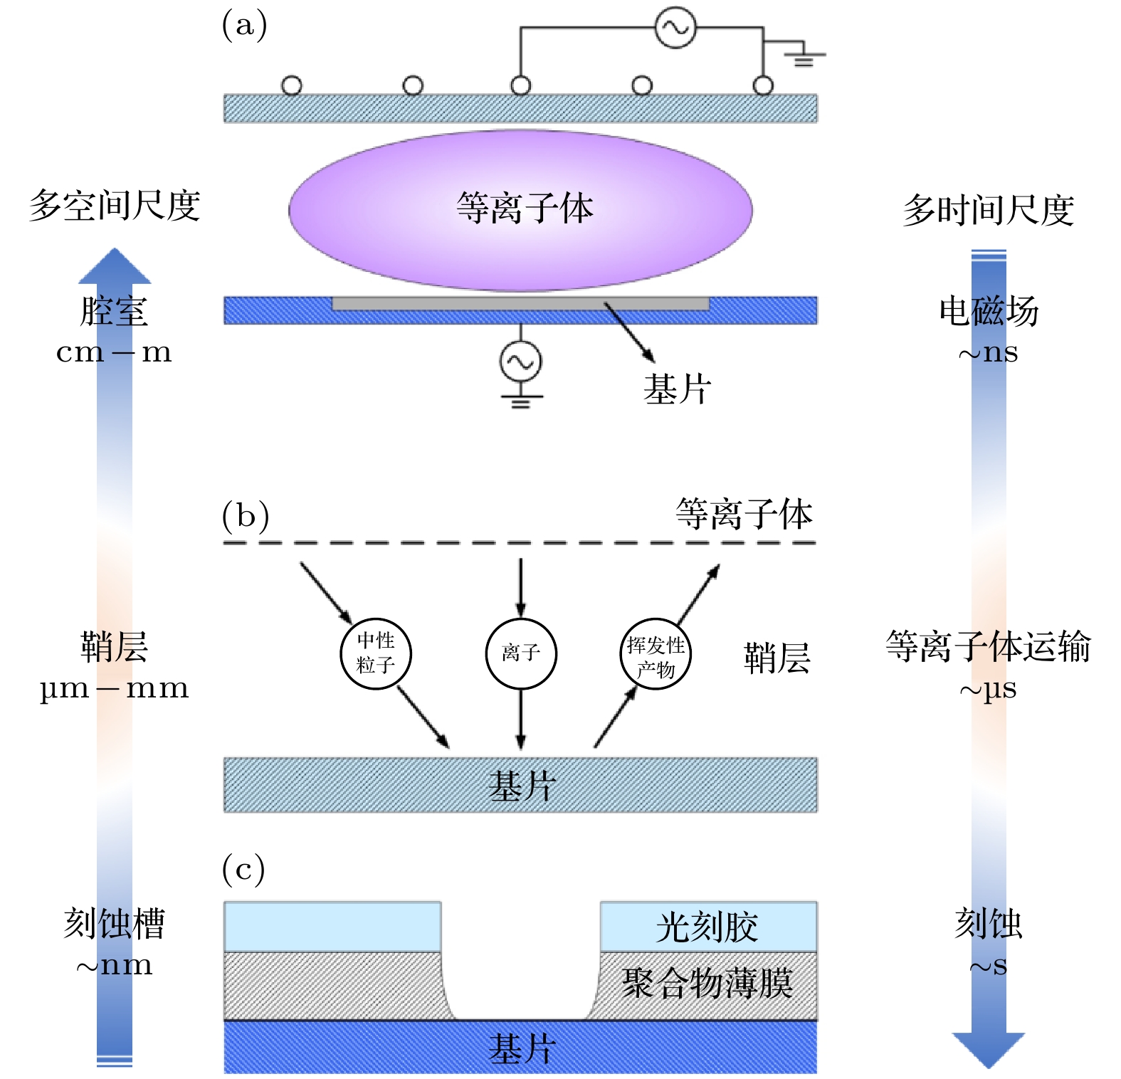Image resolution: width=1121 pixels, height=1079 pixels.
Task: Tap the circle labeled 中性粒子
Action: (x=376, y=653)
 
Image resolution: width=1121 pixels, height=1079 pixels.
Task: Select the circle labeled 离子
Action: (x=521, y=653)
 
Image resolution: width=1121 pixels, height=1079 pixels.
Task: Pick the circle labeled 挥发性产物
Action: (x=656, y=653)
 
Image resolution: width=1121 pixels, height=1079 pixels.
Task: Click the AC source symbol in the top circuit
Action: (x=675, y=28)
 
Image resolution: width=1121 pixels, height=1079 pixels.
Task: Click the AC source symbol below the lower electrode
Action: (x=520, y=362)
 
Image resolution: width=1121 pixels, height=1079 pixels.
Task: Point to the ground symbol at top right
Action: (x=804, y=57)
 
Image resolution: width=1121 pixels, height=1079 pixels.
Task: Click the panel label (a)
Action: (x=244, y=26)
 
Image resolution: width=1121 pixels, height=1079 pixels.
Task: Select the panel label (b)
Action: (x=245, y=516)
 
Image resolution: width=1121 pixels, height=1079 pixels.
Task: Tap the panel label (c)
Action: (x=243, y=870)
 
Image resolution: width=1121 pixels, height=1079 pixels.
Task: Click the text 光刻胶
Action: (x=707, y=927)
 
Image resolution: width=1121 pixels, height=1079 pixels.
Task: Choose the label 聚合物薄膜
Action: (x=707, y=984)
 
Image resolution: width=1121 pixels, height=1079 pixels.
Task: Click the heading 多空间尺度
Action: (x=115, y=206)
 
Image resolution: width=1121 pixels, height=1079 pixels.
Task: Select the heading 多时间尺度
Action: (x=988, y=211)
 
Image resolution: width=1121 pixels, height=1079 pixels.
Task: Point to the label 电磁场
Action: (x=989, y=312)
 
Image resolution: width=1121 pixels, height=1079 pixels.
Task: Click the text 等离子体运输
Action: (x=988, y=647)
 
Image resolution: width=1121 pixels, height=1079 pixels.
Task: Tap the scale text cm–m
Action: (x=114, y=352)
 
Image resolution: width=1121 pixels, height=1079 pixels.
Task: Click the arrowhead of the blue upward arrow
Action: (x=115, y=267)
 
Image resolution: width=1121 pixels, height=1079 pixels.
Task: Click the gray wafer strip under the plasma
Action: (x=520, y=304)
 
